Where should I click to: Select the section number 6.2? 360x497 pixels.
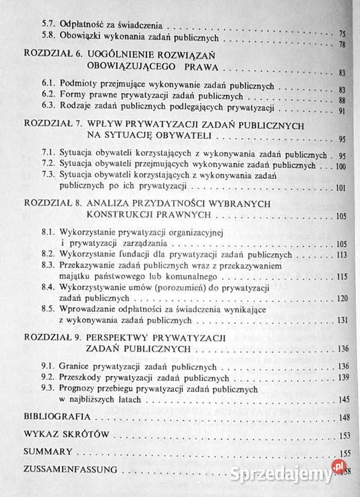[50, 97]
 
